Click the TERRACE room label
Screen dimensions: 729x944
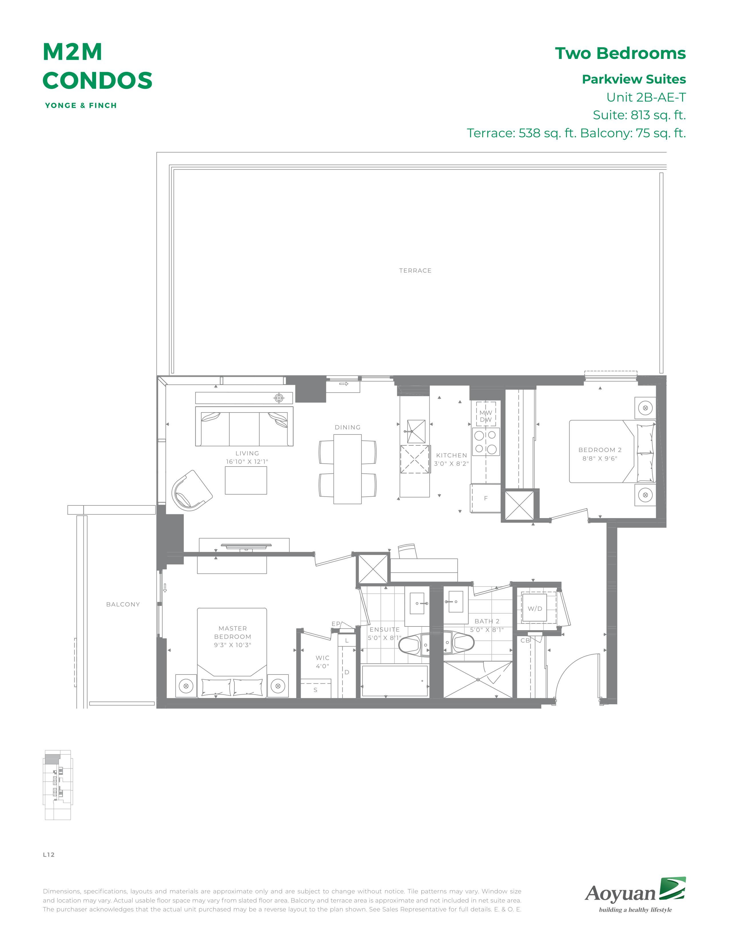point(415,271)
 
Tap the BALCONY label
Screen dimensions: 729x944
point(123,604)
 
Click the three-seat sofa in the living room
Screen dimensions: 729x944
point(244,426)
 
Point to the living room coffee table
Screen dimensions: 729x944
point(246,480)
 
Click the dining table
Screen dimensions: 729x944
point(347,469)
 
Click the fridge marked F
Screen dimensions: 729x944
point(485,498)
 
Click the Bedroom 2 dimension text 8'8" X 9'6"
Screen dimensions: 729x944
point(600,459)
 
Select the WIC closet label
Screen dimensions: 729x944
point(322,658)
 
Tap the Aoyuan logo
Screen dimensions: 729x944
point(635,894)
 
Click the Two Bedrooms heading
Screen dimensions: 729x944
point(620,53)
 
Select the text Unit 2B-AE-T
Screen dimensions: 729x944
point(646,97)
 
